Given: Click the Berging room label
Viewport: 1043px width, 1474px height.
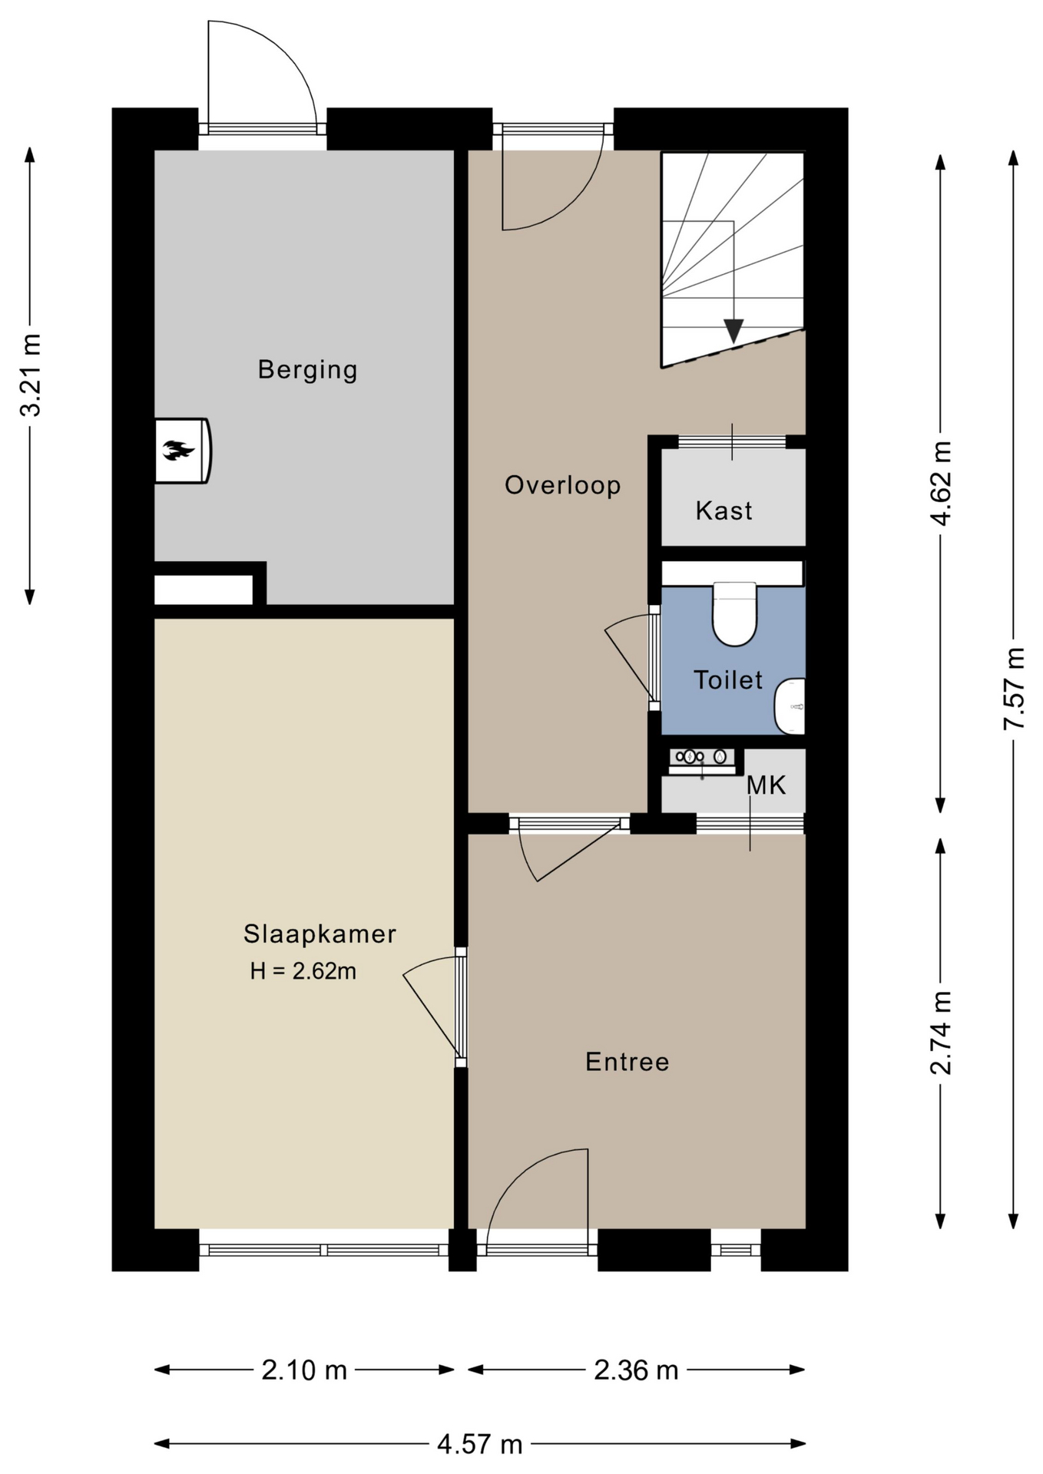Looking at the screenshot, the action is coord(307,370).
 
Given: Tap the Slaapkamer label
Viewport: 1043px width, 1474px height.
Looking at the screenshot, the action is coord(320,934).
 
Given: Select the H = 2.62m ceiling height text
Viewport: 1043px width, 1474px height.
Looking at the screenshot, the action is coord(303,971).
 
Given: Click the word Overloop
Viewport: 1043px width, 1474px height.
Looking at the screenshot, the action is coord(562,485).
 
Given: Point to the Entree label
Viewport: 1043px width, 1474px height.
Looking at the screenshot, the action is coord(627,1062).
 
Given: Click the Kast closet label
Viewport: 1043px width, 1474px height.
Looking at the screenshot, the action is coord(723,511).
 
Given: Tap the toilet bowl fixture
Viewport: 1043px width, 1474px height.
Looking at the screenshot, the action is coord(734,613).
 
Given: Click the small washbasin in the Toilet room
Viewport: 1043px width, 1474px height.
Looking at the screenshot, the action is coord(790,706).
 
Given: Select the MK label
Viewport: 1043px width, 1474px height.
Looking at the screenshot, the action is coord(767,785).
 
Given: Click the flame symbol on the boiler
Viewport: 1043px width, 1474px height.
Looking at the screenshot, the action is coord(178,451).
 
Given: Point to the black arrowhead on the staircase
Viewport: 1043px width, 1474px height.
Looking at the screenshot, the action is coord(733,331).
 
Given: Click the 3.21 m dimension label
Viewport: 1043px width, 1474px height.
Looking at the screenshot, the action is coord(31,375).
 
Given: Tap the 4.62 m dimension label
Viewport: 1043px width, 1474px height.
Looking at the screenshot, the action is coord(941,483).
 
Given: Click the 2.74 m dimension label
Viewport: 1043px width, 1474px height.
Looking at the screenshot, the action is coord(941,1033).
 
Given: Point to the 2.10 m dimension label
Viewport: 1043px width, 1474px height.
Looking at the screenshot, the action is coord(304,1370).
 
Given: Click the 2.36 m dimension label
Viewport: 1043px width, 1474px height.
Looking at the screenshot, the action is coord(636,1370).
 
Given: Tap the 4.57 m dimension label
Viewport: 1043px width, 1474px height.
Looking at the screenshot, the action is coord(480,1444).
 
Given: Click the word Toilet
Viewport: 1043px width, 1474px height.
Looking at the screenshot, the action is coord(728,679).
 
